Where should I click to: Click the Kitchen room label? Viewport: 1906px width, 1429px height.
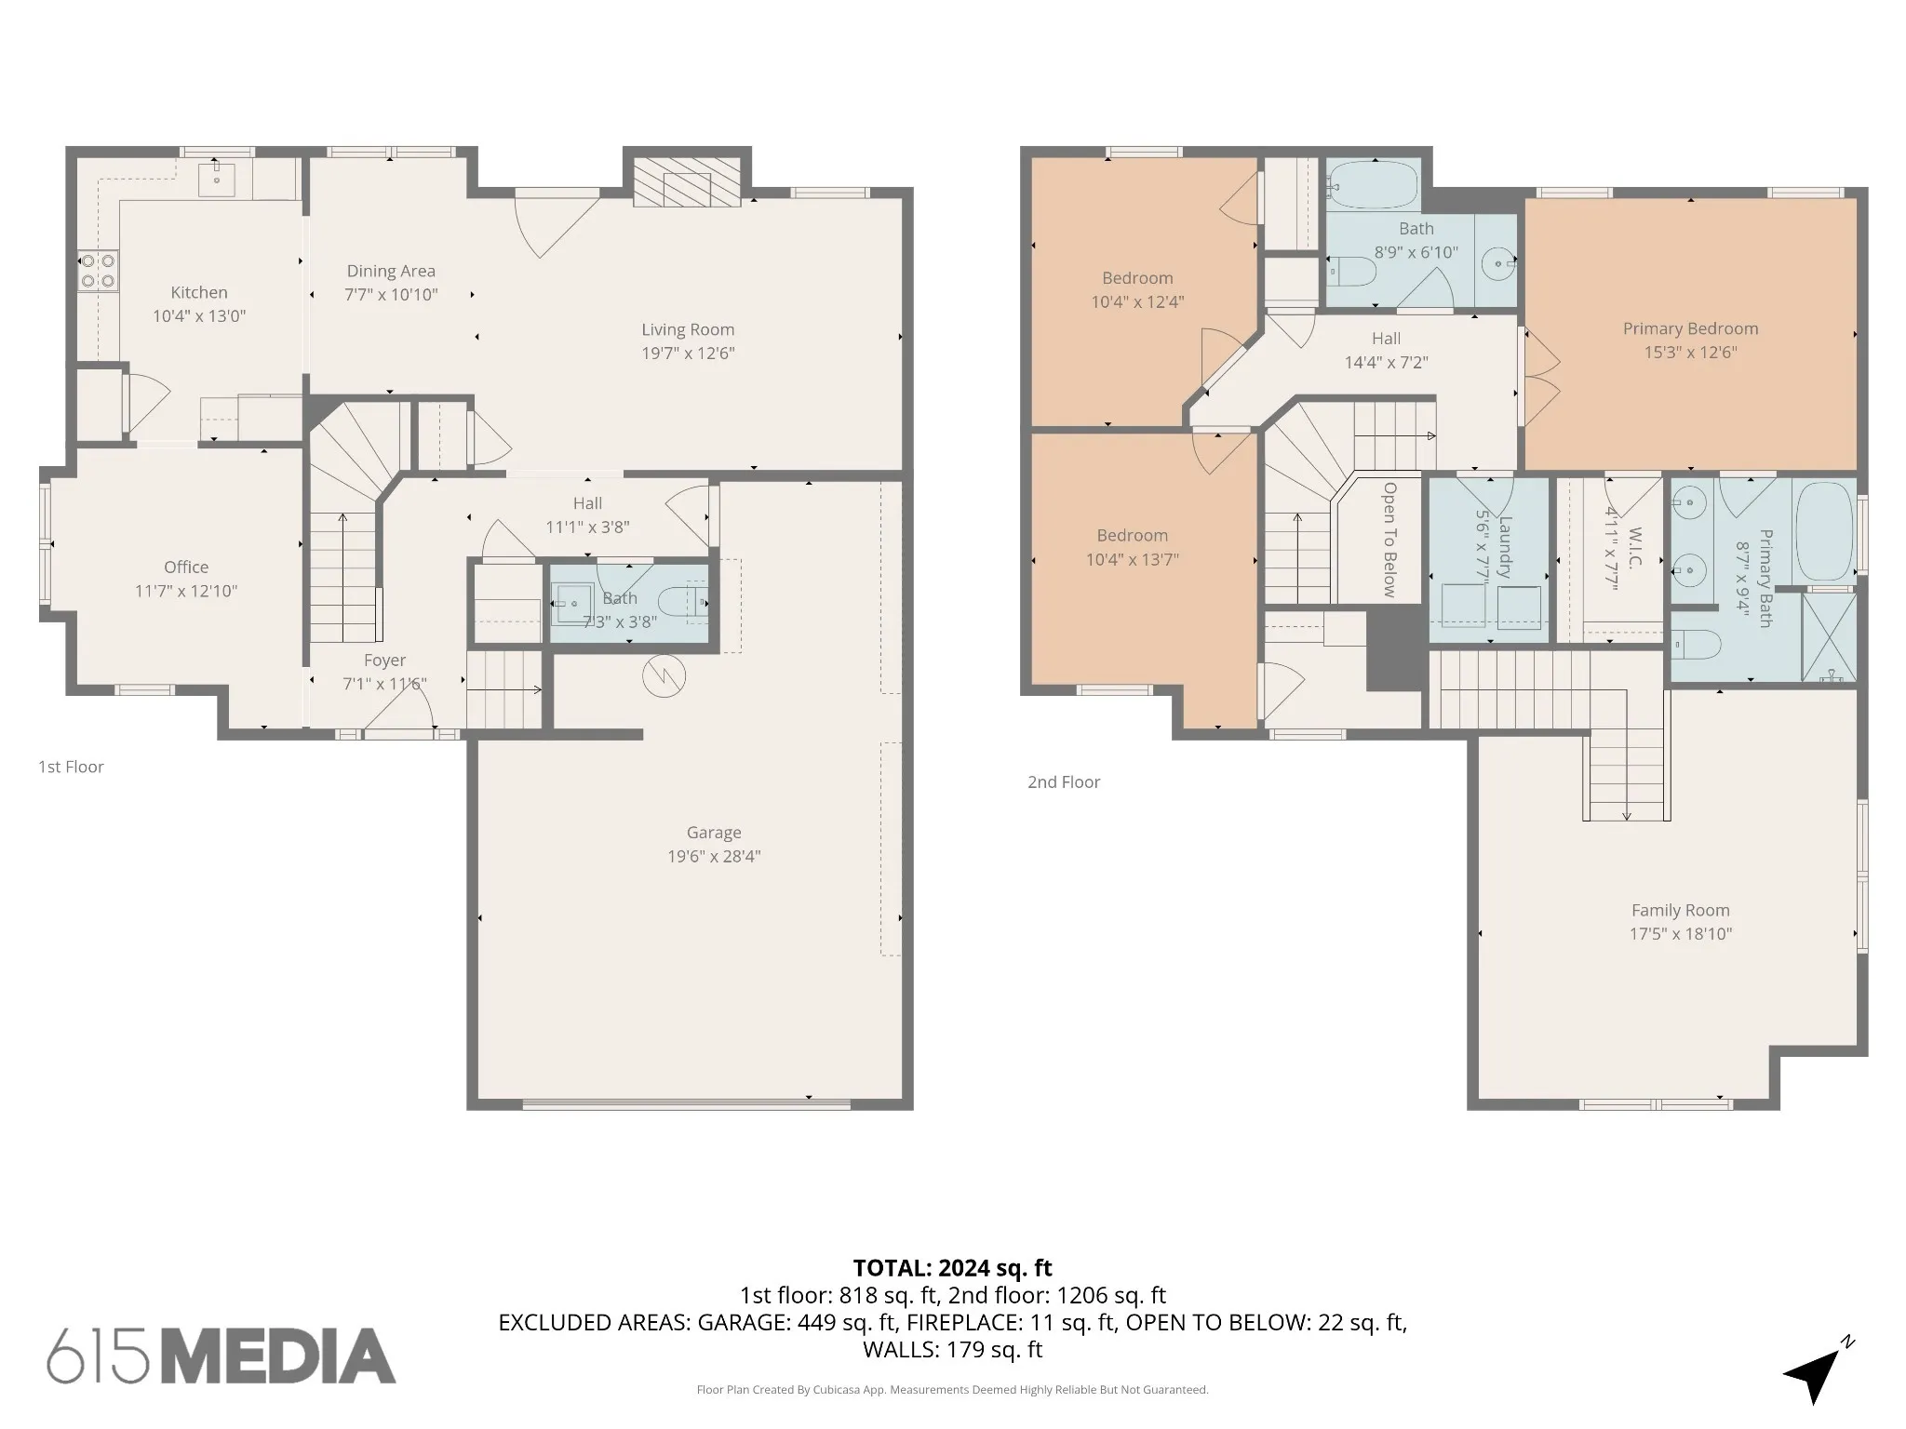[199, 292]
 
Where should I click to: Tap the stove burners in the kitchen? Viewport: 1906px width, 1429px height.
[98, 270]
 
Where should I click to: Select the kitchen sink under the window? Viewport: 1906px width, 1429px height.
[217, 178]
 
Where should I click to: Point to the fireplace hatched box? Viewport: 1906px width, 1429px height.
[687, 181]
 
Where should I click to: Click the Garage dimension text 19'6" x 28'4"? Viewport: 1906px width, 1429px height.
[714, 856]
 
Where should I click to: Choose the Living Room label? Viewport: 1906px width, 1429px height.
[688, 329]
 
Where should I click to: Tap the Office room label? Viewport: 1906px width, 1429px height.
[186, 567]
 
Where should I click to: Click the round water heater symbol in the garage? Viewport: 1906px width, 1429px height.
[664, 676]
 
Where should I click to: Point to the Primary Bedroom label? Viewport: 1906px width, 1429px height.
[1690, 328]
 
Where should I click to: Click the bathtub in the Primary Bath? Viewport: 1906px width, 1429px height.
[1825, 531]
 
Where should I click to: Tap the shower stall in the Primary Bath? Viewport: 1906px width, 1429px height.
[1829, 636]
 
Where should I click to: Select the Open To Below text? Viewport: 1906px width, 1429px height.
[1389, 539]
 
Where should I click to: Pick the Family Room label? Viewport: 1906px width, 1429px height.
[1680, 910]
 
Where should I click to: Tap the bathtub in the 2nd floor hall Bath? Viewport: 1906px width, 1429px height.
[1373, 184]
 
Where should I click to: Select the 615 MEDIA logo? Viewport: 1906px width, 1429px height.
[221, 1356]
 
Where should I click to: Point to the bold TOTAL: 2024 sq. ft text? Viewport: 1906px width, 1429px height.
[952, 1268]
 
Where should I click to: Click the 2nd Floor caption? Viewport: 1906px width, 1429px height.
[1064, 782]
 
